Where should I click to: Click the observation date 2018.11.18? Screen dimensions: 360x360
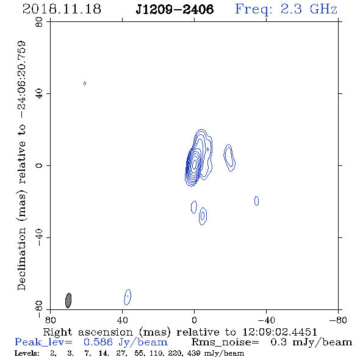pyautogui.click(x=62, y=9)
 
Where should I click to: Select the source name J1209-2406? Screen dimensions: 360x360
pyautogui.click(x=175, y=9)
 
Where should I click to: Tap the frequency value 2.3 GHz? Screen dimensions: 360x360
pyautogui.click(x=309, y=9)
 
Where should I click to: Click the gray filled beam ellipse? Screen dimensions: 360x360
pyautogui.click(x=68, y=300)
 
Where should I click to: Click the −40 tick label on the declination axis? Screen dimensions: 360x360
pyautogui.click(x=39, y=237)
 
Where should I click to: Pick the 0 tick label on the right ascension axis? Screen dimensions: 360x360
pyautogui.click(x=194, y=320)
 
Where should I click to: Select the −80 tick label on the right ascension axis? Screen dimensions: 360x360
pyautogui.click(x=338, y=320)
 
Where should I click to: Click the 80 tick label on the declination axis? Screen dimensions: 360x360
pyautogui.click(x=39, y=22)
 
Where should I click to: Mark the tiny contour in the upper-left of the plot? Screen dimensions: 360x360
pyautogui.click(x=85, y=83)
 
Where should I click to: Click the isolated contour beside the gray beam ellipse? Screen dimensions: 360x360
pyautogui.click(x=128, y=297)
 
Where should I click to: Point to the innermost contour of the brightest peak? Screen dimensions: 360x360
pyautogui.click(x=194, y=164)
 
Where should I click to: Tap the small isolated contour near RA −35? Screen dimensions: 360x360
pyautogui.click(x=256, y=201)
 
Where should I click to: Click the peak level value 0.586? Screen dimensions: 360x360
pyautogui.click(x=98, y=342)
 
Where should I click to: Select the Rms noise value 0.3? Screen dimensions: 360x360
pyautogui.click(x=278, y=342)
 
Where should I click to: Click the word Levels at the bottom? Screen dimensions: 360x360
pyautogui.click(x=27, y=353)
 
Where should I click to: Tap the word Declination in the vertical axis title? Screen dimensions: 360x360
pyautogui.click(x=21, y=259)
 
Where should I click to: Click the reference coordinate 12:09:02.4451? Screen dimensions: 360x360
pyautogui.click(x=279, y=332)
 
